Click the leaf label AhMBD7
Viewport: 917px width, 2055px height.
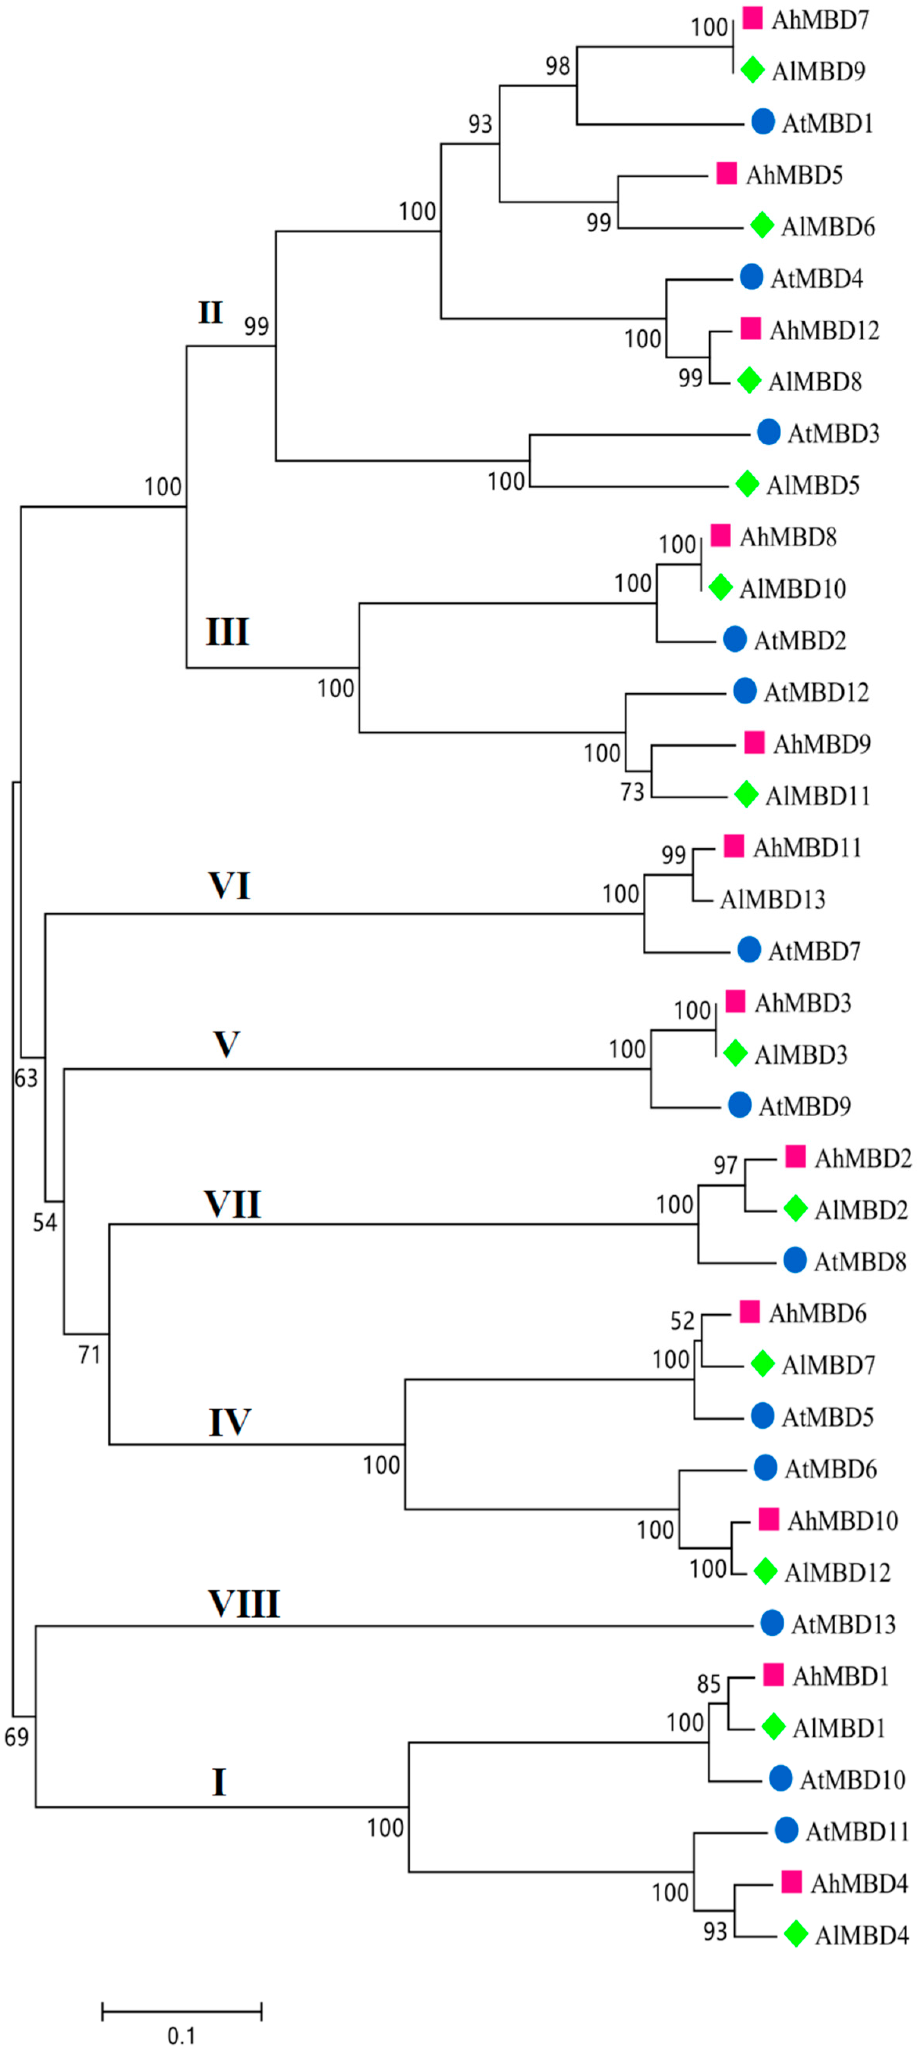click(x=820, y=19)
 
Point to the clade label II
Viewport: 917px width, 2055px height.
click(x=210, y=312)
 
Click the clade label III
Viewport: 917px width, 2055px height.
click(x=227, y=632)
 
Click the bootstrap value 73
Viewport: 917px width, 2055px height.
click(x=632, y=792)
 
